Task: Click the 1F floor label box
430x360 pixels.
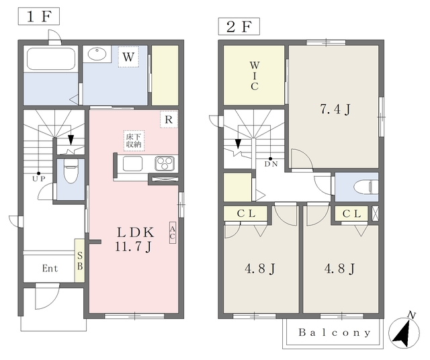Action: click(39, 16)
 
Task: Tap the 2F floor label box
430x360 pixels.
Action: click(239, 27)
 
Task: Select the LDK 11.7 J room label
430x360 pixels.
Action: click(134, 239)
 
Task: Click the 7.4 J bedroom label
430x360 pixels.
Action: click(335, 109)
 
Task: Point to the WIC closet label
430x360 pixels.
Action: click(255, 76)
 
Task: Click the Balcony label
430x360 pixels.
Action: click(335, 332)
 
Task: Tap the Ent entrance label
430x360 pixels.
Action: click(50, 268)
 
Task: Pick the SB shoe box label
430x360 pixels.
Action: click(80, 261)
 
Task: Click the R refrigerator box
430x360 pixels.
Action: click(169, 120)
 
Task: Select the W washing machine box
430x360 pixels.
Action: click(128, 57)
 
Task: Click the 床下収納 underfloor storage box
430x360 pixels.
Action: click(134, 140)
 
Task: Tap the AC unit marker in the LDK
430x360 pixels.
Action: click(172, 232)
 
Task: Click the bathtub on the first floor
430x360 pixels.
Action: click(51, 59)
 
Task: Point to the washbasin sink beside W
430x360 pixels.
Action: click(97, 54)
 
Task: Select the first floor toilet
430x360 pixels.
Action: click(71, 171)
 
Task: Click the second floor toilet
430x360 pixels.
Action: click(365, 187)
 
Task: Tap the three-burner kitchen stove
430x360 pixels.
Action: click(165, 163)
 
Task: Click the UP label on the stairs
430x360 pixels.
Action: click(39, 179)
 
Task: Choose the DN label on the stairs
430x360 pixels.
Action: click(271, 164)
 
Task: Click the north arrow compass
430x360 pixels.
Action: click(404, 331)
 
